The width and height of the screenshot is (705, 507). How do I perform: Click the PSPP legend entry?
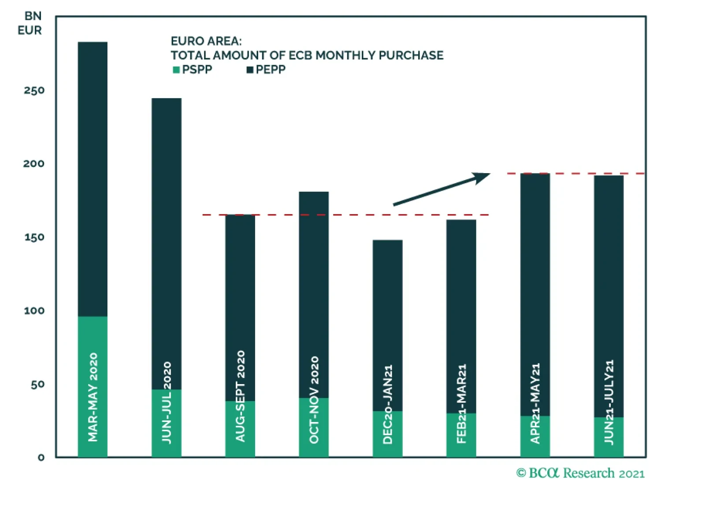click(x=193, y=70)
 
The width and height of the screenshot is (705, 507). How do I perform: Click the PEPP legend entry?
click(x=266, y=70)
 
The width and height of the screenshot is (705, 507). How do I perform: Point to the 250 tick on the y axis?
click(x=34, y=91)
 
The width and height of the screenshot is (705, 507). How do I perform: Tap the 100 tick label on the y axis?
click(x=34, y=311)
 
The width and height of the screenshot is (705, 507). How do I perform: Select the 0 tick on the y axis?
click(x=41, y=458)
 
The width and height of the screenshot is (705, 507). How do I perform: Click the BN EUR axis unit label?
click(x=30, y=23)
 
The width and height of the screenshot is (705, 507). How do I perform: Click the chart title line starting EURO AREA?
click(x=206, y=41)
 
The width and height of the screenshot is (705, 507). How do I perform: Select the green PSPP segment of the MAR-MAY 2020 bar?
click(x=93, y=335)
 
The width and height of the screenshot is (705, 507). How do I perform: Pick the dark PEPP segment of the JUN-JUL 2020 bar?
click(x=167, y=242)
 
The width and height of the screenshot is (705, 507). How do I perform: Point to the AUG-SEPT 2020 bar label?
click(x=241, y=396)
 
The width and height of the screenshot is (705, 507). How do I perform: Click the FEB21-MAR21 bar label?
click(x=461, y=403)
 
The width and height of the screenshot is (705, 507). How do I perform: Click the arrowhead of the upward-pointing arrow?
click(x=482, y=177)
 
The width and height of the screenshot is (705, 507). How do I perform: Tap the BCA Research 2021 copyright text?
click(x=580, y=474)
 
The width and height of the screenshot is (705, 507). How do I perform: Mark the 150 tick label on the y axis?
click(x=34, y=237)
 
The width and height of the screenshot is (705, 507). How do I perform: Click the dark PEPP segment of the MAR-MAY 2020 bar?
click(x=93, y=176)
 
